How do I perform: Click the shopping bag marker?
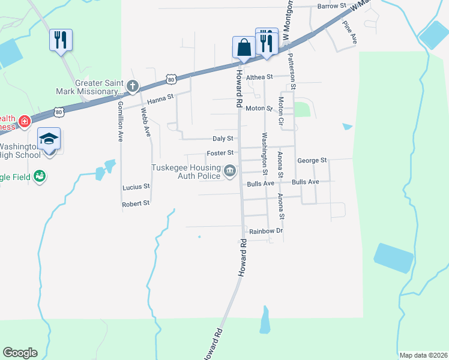(244, 47)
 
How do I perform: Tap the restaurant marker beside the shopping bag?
(267, 41)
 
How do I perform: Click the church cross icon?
(132, 85)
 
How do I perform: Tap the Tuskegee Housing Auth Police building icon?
(230, 172)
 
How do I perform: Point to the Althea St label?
(259, 77)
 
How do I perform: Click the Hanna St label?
(160, 96)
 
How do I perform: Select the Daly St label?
(222, 138)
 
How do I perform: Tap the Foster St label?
(220, 153)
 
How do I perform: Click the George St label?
(312, 161)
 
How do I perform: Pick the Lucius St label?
(136, 187)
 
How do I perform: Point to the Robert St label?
(136, 204)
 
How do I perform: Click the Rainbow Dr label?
(267, 231)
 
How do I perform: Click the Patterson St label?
(292, 70)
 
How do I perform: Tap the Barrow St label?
(333, 6)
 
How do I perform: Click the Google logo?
(20, 353)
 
